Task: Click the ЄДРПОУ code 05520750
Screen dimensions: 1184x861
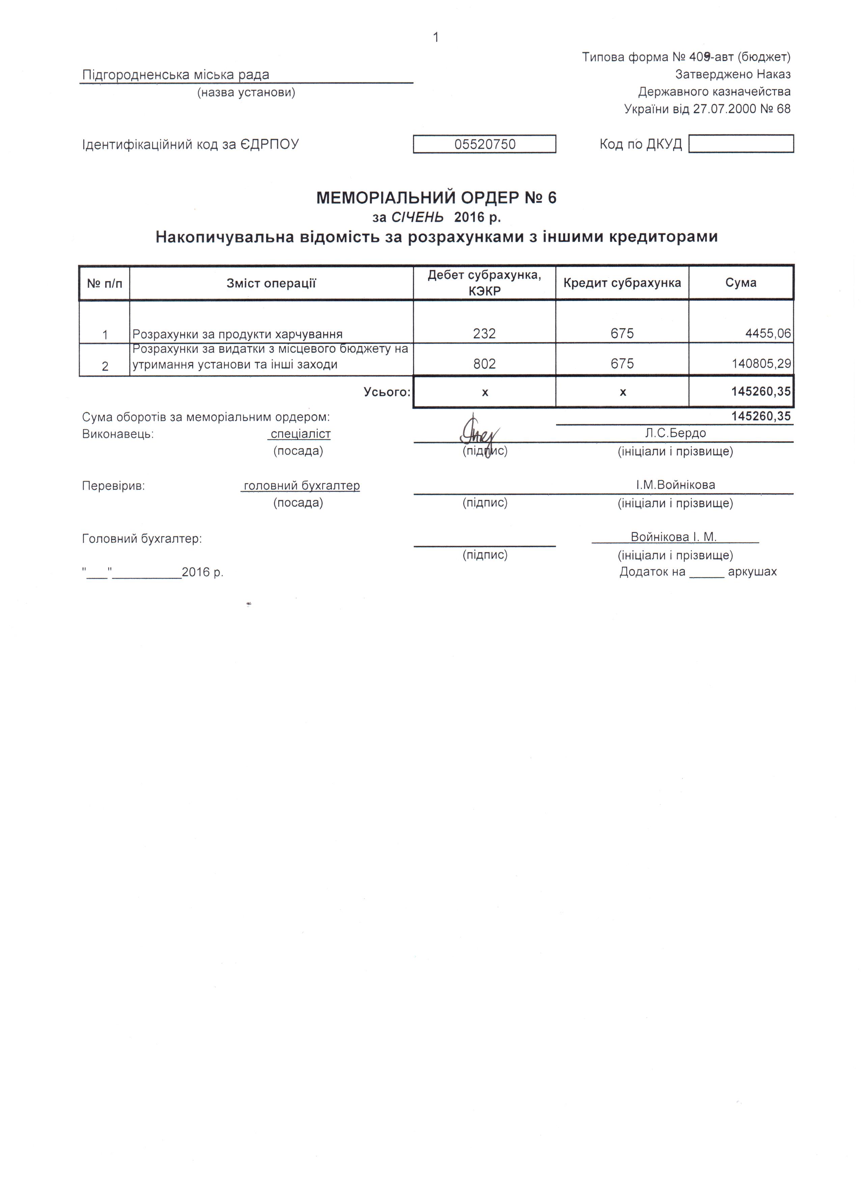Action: (x=484, y=144)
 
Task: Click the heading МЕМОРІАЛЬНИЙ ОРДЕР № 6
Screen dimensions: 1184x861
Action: (x=437, y=198)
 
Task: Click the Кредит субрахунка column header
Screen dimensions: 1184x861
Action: (x=622, y=283)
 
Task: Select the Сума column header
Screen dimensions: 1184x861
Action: (x=741, y=283)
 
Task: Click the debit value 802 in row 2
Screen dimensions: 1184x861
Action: (x=484, y=364)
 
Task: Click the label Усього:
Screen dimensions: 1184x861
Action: (x=387, y=392)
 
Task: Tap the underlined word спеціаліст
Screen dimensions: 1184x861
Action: (x=300, y=434)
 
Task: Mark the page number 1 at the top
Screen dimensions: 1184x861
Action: (x=436, y=37)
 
